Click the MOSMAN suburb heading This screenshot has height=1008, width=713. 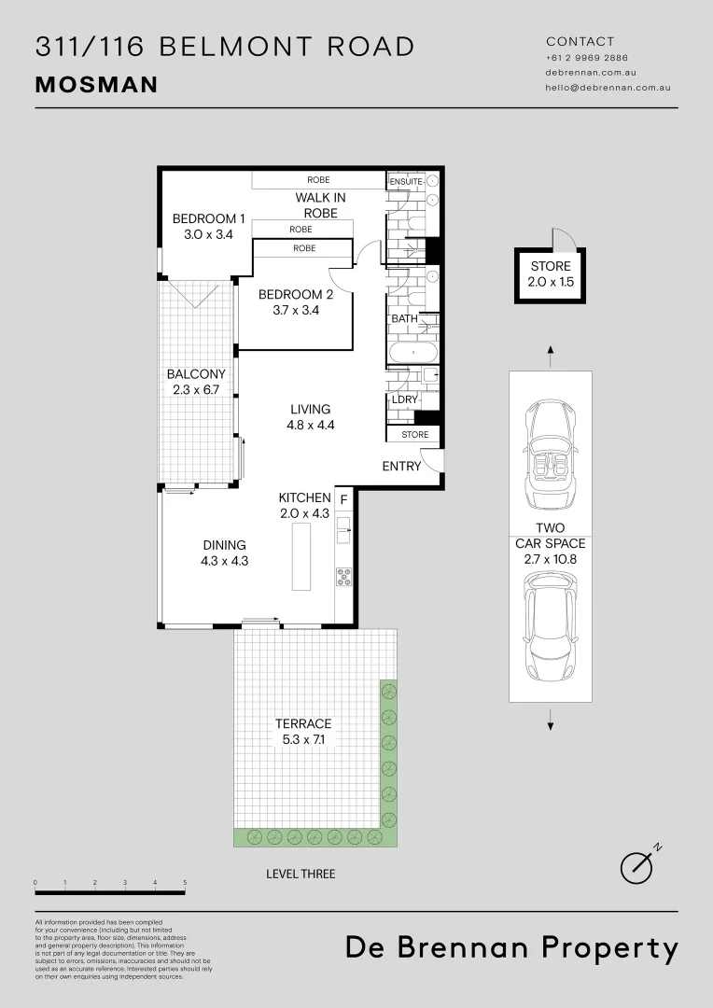pyautogui.click(x=96, y=85)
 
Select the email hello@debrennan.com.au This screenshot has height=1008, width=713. pyautogui.click(x=608, y=87)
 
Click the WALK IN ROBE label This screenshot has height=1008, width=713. pyautogui.click(x=320, y=205)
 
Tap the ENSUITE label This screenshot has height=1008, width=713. pyautogui.click(x=406, y=181)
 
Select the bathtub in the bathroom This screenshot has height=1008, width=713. pyautogui.click(x=412, y=354)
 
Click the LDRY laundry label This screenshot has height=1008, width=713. pyautogui.click(x=404, y=399)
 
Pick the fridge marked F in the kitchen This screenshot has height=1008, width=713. pyautogui.click(x=343, y=498)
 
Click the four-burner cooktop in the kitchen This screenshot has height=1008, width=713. pyautogui.click(x=343, y=578)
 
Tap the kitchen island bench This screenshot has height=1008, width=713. pyautogui.click(x=301, y=556)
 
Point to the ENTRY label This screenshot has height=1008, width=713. pyautogui.click(x=401, y=466)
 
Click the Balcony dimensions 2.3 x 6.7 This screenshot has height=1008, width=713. pyautogui.click(x=196, y=389)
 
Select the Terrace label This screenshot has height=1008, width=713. pyautogui.click(x=302, y=723)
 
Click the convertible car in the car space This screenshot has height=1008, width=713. pyautogui.click(x=551, y=456)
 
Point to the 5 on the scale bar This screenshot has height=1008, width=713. pyautogui.click(x=185, y=882)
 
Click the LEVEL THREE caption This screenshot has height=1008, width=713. pyautogui.click(x=300, y=874)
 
